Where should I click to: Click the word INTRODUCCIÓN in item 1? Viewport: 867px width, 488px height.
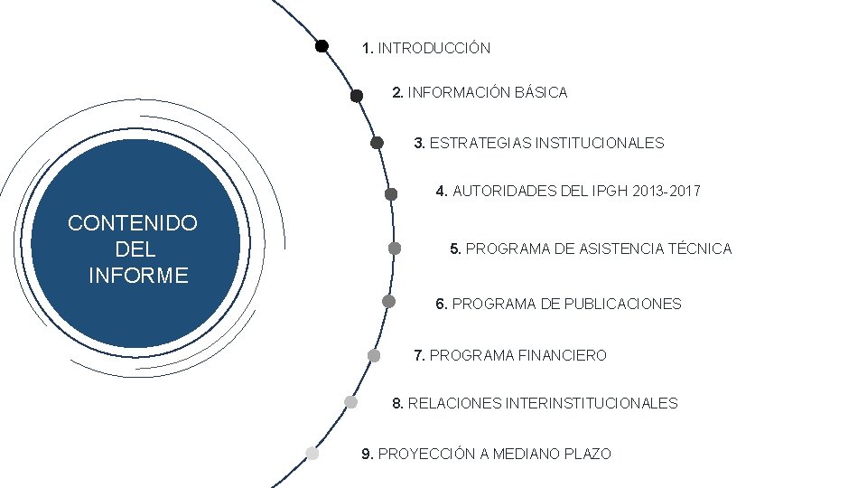(x=433, y=48)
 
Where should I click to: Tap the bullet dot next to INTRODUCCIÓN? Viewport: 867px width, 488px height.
(x=322, y=46)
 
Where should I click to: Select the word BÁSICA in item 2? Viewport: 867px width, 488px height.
(x=540, y=92)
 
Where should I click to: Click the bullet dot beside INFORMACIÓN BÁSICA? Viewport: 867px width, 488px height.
(x=357, y=95)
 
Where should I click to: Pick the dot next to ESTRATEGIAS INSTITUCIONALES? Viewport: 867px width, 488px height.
(x=377, y=142)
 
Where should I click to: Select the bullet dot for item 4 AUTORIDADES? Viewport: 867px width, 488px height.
(x=391, y=193)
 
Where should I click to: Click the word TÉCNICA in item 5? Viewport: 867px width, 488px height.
(x=700, y=249)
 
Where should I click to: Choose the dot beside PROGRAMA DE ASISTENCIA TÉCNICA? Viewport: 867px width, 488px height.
(x=395, y=248)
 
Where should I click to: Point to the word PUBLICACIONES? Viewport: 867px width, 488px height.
(x=622, y=304)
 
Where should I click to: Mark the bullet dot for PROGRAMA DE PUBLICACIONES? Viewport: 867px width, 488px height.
(x=388, y=301)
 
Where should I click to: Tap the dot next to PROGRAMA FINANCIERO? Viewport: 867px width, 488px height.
(x=374, y=355)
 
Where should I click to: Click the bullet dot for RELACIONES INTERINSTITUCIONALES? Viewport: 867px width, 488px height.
(x=350, y=401)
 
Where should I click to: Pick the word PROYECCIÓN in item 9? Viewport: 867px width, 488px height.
(x=426, y=454)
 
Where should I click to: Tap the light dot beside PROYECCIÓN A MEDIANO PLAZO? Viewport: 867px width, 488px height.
(x=312, y=453)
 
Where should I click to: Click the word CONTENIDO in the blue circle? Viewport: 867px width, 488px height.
(x=133, y=223)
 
